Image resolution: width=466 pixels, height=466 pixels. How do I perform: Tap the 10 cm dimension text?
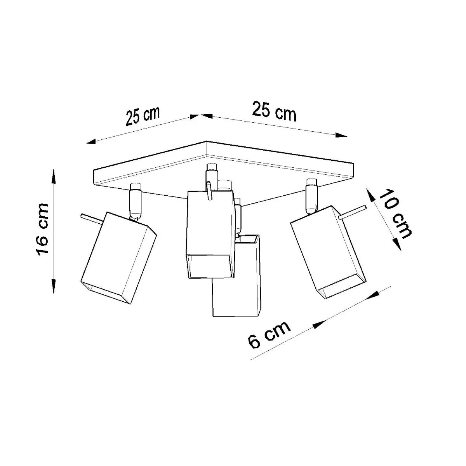coord(395,214)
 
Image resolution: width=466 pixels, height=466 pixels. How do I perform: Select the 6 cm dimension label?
coord(269,335)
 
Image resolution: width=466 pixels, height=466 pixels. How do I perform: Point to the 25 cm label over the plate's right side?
coord(274,111)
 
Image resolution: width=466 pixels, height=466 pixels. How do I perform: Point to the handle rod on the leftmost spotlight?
coord(91,218)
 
